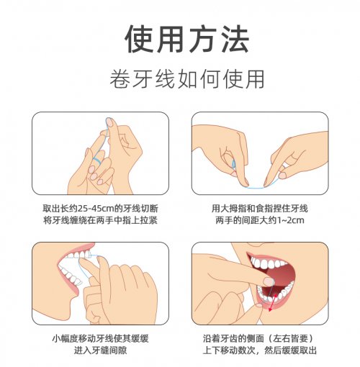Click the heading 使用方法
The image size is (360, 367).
[x=186, y=39]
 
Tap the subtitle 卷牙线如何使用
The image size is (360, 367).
[x=187, y=79]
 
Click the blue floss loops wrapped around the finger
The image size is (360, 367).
[x=97, y=159]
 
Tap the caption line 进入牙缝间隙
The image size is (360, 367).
[x=100, y=350]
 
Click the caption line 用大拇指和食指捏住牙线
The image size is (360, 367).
[x=260, y=209]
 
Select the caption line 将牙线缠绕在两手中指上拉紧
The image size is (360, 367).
[x=100, y=220]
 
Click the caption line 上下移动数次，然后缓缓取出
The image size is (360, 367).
[x=260, y=350]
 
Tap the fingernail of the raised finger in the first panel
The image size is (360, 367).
[x=109, y=122]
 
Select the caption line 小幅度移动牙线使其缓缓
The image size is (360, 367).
[x=100, y=339]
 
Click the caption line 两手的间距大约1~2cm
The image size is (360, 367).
[x=260, y=220]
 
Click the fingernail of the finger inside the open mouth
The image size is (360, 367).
[x=269, y=281]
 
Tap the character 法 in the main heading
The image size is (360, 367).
[x=235, y=39]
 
